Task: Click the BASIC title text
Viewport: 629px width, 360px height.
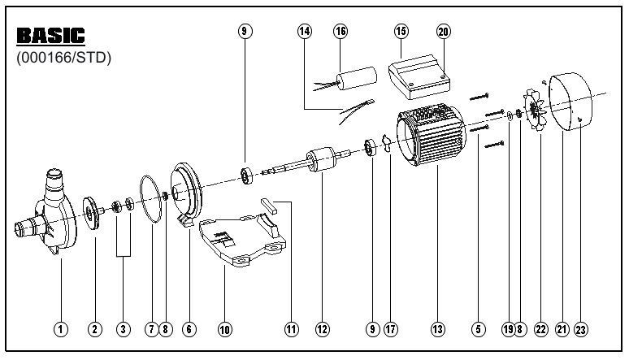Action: pyautogui.click(x=50, y=37)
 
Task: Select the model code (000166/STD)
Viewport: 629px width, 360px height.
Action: pyautogui.click(x=63, y=59)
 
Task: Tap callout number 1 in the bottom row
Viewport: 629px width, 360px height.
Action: pyautogui.click(x=59, y=329)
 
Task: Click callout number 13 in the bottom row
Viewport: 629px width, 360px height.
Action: pyautogui.click(x=438, y=329)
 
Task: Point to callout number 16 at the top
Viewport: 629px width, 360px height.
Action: pyautogui.click(x=341, y=31)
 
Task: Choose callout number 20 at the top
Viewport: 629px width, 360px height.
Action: pyautogui.click(x=442, y=31)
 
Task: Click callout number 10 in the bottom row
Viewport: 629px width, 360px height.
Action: pyautogui.click(x=225, y=329)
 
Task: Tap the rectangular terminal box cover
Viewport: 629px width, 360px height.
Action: pyautogui.click(x=419, y=77)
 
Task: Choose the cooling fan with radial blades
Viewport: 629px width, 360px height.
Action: pyautogui.click(x=536, y=113)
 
